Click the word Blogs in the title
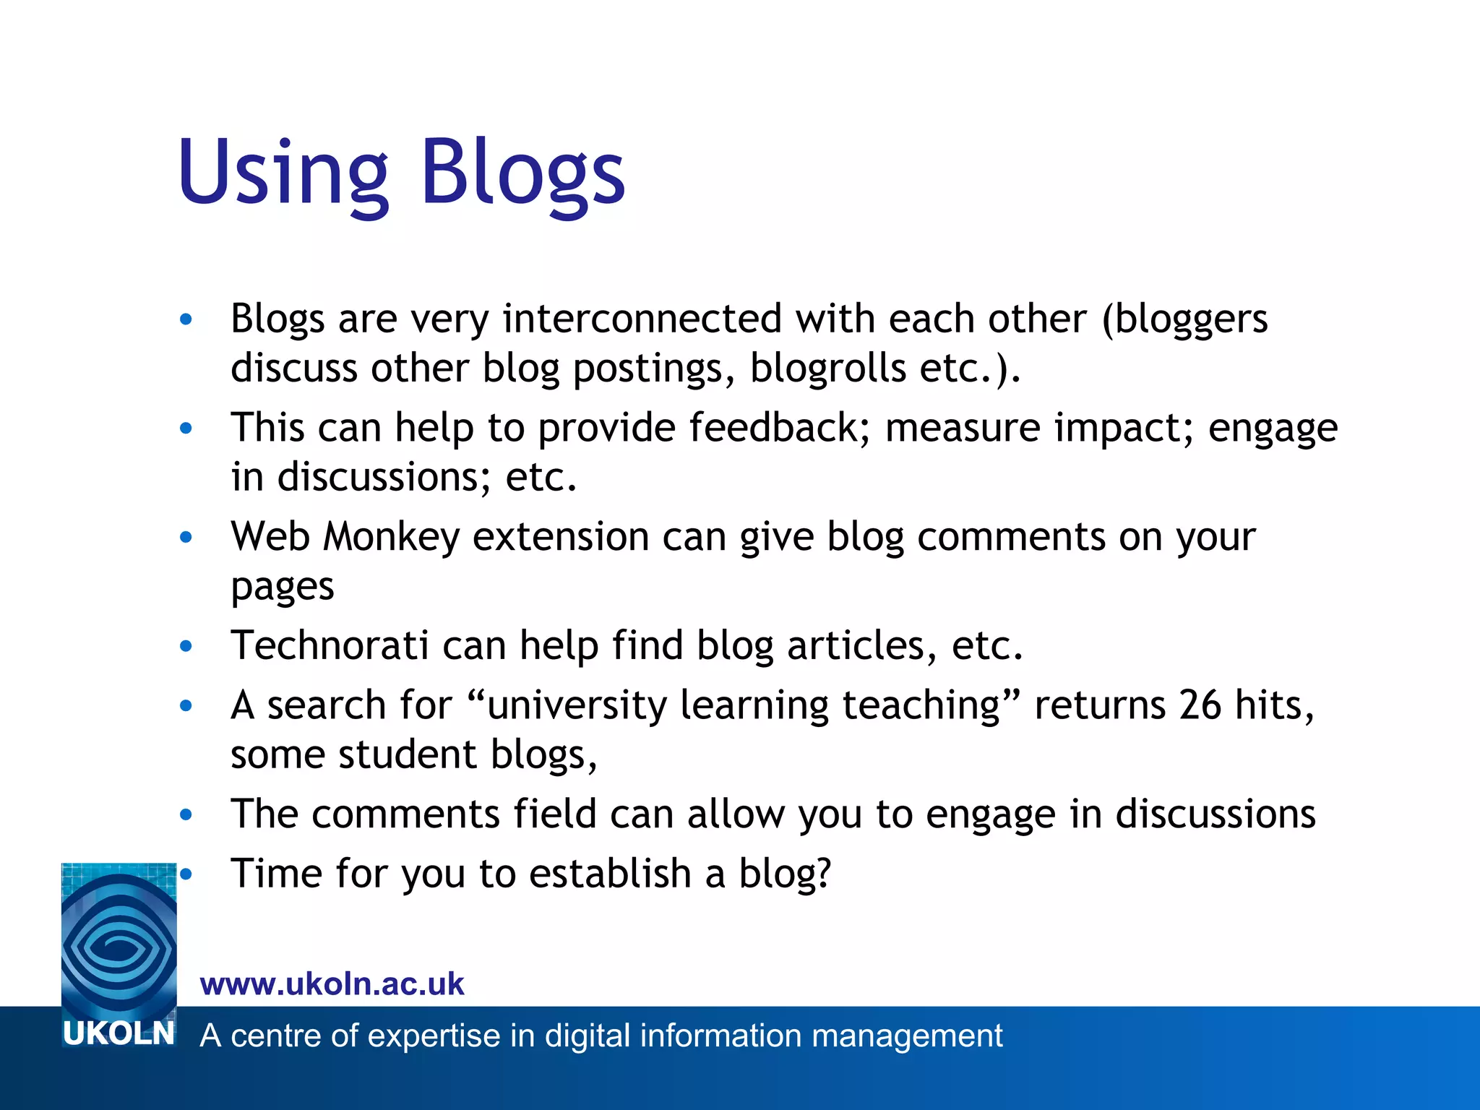coord(522,173)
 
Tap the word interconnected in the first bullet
coord(642,319)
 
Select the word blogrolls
coord(827,368)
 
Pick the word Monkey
coord(391,538)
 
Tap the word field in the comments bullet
coord(554,814)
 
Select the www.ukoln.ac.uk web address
coord(332,984)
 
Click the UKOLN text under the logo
coord(119,1034)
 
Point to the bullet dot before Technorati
coord(186,646)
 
